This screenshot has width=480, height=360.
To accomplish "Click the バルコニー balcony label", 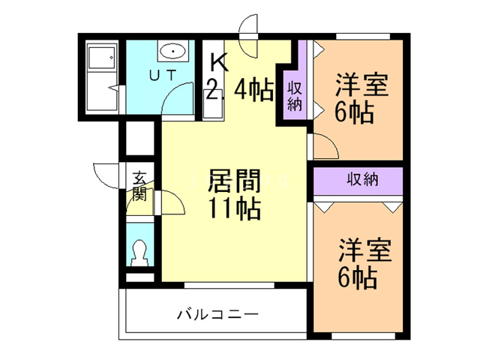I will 217,313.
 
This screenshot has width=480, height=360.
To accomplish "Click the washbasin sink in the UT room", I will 173,52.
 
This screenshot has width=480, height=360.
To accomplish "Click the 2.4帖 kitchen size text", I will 240,91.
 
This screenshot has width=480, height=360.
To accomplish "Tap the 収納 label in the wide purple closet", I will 361,180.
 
